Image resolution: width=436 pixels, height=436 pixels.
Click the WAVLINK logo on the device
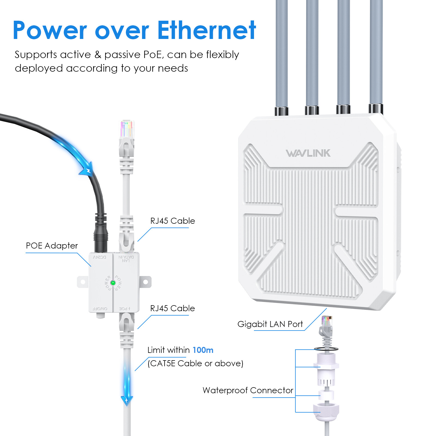308,153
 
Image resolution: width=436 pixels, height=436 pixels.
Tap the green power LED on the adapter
113,283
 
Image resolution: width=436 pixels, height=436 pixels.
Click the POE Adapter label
52,246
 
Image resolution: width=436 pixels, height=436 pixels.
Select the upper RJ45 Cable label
172,221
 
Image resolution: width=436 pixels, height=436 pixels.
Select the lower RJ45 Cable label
172,308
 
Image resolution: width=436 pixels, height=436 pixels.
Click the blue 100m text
203,350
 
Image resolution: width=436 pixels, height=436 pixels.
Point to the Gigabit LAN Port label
270,324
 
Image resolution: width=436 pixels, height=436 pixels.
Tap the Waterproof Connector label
248,390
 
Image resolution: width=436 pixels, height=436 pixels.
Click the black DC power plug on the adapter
101,236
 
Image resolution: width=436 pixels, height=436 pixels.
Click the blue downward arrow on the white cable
127,399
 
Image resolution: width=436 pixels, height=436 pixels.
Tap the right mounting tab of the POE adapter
146,282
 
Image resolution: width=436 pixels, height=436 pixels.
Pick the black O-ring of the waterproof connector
326,349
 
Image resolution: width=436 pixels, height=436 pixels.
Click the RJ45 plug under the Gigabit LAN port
326,326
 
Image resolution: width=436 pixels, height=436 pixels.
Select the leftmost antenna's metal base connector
281,110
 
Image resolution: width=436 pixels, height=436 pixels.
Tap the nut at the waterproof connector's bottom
326,411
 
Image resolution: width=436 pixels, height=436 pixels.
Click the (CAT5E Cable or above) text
195,364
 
